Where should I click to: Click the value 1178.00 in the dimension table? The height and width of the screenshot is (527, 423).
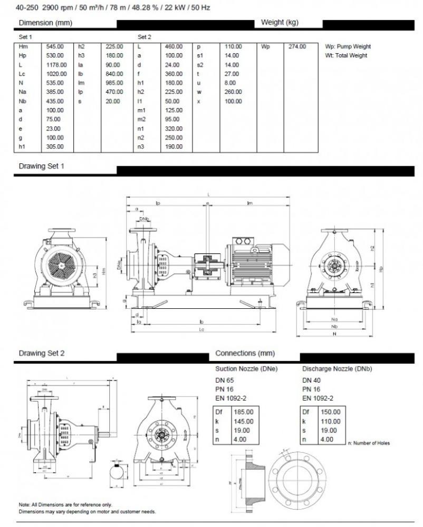tap(55, 64)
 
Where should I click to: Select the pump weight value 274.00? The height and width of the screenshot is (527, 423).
tap(297, 46)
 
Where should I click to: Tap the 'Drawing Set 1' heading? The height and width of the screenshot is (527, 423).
tap(42, 166)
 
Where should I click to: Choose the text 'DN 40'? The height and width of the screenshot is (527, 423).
tap(311, 380)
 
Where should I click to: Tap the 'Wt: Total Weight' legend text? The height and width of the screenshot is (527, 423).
tap(346, 55)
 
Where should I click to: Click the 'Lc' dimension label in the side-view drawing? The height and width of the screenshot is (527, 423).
tap(202, 330)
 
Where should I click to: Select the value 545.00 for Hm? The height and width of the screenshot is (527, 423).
tap(55, 46)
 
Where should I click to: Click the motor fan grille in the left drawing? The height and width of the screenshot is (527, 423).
tap(59, 268)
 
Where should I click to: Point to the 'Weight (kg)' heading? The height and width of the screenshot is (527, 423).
tap(280, 23)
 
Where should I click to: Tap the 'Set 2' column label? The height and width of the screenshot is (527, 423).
tap(145, 37)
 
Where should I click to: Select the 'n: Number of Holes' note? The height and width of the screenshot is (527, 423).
tap(369, 443)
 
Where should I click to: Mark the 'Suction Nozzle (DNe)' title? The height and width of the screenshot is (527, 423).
tap(247, 369)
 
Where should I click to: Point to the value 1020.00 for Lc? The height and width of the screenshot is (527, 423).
tap(55, 74)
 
